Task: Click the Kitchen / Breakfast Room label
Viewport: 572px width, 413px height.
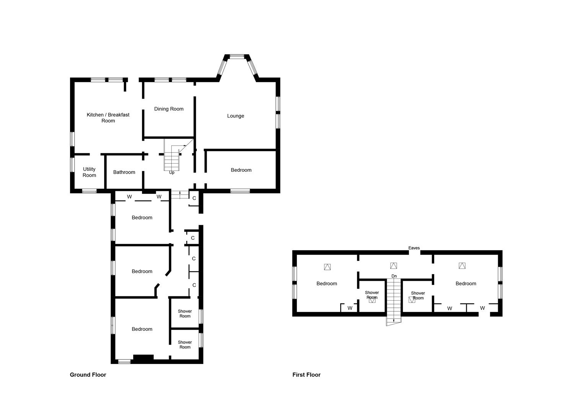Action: (108, 117)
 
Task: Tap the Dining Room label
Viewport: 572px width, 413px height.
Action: (169, 109)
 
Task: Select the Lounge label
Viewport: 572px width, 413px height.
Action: (235, 116)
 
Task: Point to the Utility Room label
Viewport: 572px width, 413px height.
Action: (89, 172)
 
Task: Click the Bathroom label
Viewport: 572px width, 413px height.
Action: (124, 172)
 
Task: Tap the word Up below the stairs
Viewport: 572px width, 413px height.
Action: (172, 173)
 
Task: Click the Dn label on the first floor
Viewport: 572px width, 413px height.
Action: (394, 276)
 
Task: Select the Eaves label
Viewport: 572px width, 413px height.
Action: (414, 248)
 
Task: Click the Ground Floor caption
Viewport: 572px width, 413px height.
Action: (88, 375)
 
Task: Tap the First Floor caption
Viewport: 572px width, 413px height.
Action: (306, 375)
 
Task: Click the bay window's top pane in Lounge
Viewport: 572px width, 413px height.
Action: (237, 57)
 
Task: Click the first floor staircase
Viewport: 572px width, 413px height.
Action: (394, 300)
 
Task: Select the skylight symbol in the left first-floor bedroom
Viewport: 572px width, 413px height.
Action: (327, 267)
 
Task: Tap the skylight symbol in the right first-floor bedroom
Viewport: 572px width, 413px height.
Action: (462, 265)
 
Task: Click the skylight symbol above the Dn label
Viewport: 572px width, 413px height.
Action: (393, 265)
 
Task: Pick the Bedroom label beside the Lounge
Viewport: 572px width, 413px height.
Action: (241, 170)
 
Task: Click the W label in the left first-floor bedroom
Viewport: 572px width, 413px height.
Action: (350, 308)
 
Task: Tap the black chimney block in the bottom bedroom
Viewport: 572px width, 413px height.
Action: (143, 358)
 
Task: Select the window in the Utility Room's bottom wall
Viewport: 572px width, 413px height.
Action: (90, 191)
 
